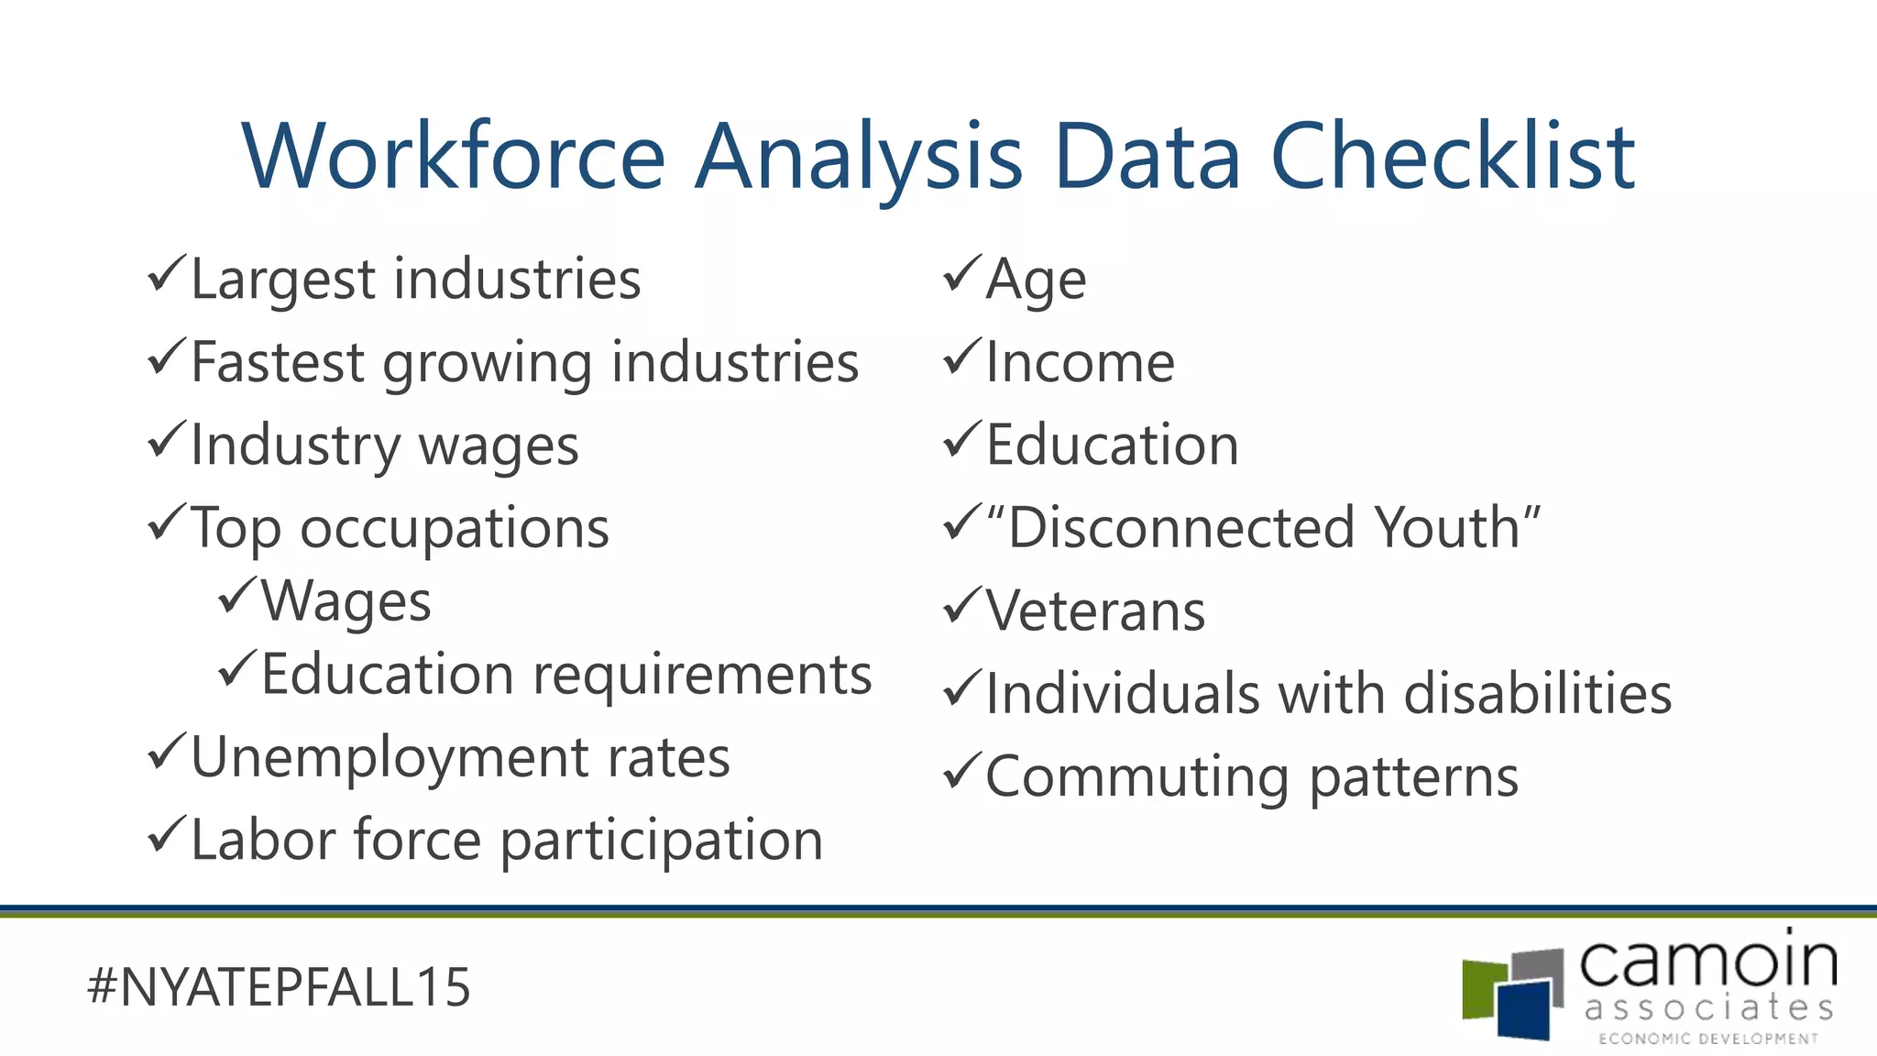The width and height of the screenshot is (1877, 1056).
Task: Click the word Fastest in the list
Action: [279, 361]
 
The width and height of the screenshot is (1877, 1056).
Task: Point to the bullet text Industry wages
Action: [385, 446]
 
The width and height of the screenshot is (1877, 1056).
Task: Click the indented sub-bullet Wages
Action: [346, 601]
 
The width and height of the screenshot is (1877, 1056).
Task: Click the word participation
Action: [661, 841]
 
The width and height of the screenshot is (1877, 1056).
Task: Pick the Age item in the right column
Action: [1036, 279]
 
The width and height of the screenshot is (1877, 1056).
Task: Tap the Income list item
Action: [1080, 361]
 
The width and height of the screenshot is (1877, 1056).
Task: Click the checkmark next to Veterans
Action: [961, 606]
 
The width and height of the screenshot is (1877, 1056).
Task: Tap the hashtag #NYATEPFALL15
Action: [279, 987]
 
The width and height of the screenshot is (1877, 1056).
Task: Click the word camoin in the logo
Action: [1707, 963]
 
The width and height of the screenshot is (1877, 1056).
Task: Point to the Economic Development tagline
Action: [1707, 1039]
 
